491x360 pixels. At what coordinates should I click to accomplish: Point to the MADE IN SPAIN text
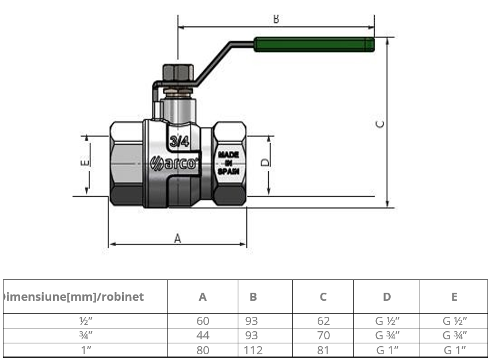tap(228, 163)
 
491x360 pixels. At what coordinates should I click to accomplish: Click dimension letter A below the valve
tap(177, 238)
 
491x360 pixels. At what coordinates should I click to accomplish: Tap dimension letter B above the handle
tap(276, 19)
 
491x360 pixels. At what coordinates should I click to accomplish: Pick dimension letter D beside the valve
tap(264, 162)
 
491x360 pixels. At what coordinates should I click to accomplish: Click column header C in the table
tap(323, 297)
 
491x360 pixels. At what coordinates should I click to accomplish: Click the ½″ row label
tap(86, 321)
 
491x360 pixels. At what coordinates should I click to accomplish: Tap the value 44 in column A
tap(203, 335)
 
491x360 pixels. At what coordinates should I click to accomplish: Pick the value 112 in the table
tap(253, 350)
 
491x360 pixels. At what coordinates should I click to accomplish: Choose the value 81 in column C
tap(323, 350)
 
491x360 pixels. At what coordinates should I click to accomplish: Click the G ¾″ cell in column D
tap(387, 335)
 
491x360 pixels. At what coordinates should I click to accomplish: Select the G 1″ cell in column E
tap(454, 350)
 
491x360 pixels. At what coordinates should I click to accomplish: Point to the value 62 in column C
tap(323, 321)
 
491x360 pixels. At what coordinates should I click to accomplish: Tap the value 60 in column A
tap(203, 321)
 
